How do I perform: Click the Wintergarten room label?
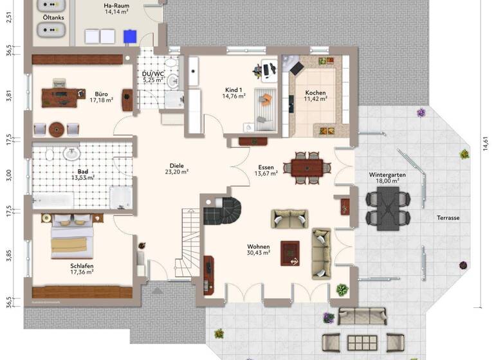[384, 175]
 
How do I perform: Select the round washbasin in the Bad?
[71, 154]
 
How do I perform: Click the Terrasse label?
[447, 218]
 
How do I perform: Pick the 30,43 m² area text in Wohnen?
[259, 253]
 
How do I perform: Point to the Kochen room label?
[315, 93]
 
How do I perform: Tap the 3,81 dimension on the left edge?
[9, 96]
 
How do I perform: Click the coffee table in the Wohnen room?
[290, 251]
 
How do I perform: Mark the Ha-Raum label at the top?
[116, 4]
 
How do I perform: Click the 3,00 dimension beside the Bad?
[9, 174]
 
